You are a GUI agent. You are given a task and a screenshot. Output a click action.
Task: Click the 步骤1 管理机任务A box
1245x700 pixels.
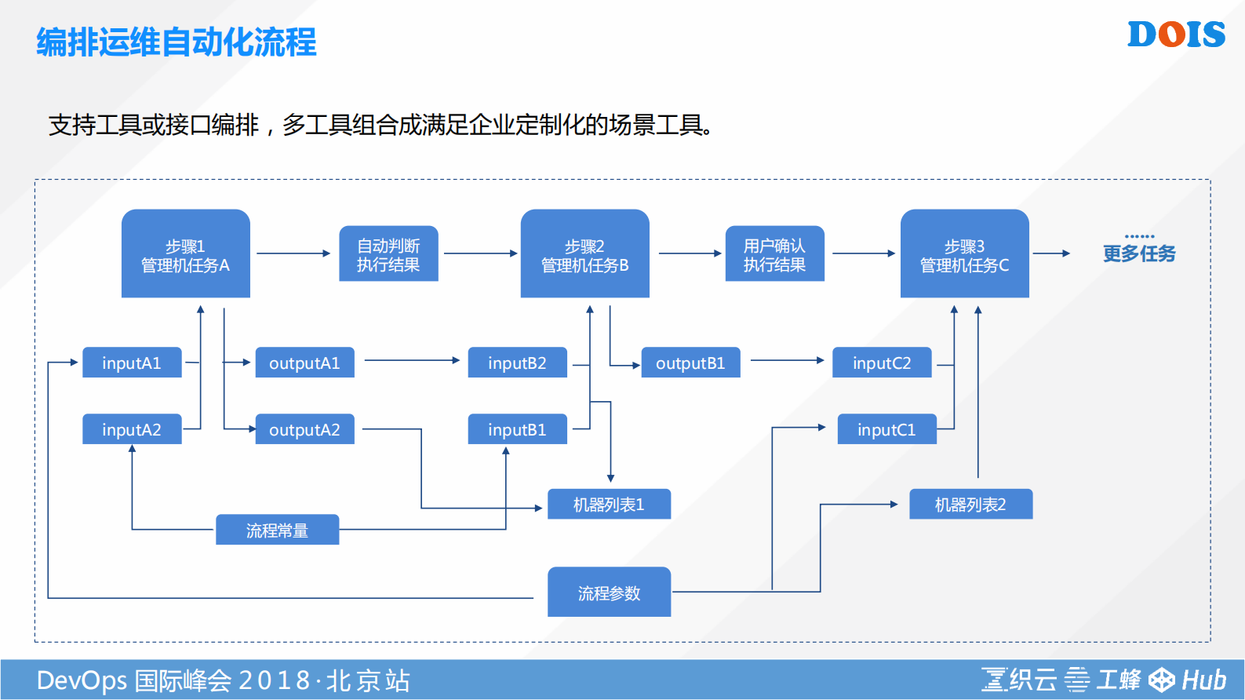[x=185, y=253]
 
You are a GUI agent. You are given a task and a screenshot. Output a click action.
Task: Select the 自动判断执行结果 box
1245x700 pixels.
[x=388, y=253]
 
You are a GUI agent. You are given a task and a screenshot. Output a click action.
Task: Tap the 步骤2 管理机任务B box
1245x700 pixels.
[x=584, y=253]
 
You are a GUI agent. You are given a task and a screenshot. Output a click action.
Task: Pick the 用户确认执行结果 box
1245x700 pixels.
[x=774, y=253]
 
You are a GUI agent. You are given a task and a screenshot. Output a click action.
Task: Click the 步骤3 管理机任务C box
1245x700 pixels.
[x=964, y=253]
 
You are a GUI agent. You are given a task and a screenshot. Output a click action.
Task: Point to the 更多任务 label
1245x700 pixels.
[x=1139, y=253]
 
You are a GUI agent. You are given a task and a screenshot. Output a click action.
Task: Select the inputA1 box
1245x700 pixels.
[x=132, y=363]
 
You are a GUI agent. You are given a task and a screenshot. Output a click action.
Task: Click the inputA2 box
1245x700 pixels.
[x=132, y=429]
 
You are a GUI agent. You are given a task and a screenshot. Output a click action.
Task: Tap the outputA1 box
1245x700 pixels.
[x=304, y=363]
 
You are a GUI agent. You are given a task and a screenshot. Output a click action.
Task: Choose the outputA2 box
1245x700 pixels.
[x=304, y=429]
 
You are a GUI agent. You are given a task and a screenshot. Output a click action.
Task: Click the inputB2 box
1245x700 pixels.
[x=517, y=363]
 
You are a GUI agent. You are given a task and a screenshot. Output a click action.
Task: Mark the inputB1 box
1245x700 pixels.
[x=517, y=429]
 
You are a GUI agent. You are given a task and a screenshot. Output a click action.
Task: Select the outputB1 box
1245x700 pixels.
[x=690, y=363]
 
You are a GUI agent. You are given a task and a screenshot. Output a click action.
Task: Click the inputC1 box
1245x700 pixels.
[x=886, y=429]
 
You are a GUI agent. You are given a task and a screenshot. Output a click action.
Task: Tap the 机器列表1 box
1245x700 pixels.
[x=609, y=504]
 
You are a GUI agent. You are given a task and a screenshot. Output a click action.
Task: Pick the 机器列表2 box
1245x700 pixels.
[x=970, y=504]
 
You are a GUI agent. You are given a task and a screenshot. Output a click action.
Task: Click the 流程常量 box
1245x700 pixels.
[x=277, y=530]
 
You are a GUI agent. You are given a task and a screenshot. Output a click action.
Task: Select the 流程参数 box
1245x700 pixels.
[x=609, y=592]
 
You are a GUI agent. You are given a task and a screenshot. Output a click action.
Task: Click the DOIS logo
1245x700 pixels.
[x=1175, y=35]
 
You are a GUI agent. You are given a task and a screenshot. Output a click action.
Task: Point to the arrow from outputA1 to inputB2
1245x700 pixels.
[x=411, y=360]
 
